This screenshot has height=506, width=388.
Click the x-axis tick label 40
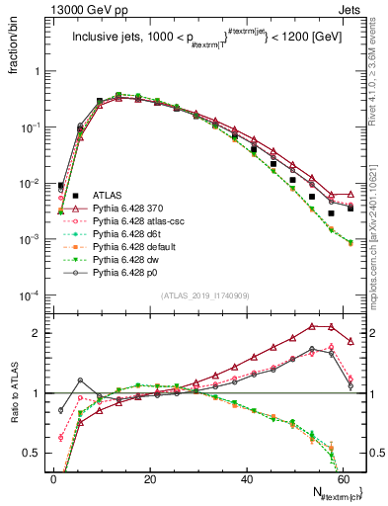click(247, 479)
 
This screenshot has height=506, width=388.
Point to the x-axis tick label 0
click(53, 479)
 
